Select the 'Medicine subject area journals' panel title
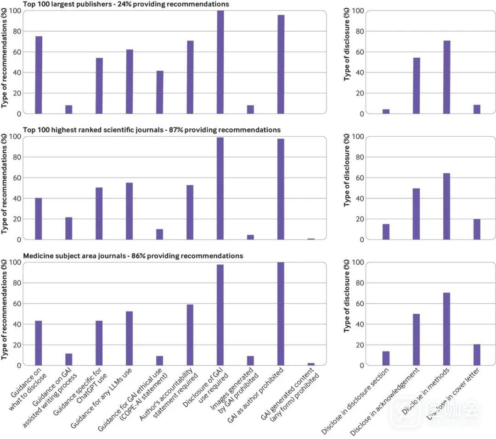[69, 256]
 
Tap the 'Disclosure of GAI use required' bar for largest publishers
[220, 62]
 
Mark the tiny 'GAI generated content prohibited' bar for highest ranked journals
[311, 239]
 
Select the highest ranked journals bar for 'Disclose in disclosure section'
[386, 232]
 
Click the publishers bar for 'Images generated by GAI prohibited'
[250, 109]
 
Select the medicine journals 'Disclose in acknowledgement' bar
[417, 339]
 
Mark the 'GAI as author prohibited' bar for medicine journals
[281, 314]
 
